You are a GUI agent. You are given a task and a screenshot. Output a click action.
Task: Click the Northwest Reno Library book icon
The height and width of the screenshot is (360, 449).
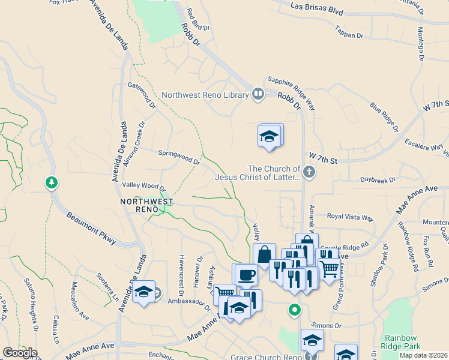click(258, 94)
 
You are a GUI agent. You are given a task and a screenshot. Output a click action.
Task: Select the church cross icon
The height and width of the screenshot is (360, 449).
click(309, 173)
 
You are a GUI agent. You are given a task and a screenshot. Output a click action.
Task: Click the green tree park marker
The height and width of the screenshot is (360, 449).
click(52, 182)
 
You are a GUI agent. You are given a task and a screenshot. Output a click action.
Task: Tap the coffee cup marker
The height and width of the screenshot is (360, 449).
click(246, 275)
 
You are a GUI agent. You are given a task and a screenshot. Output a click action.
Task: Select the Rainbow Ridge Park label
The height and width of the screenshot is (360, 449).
click(402, 342)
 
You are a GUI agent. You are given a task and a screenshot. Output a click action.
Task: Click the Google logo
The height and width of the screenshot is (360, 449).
click(20, 353)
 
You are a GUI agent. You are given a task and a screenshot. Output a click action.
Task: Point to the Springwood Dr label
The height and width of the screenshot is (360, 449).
click(179, 157)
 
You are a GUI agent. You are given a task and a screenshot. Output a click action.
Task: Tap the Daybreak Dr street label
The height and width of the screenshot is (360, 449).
click(378, 179)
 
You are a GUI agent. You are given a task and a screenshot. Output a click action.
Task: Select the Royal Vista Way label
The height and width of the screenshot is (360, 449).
click(350, 216)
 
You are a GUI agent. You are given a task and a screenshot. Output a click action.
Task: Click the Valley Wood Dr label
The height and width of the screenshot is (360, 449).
click(143, 187)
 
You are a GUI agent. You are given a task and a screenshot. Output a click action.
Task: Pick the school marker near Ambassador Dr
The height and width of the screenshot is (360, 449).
click(144, 292)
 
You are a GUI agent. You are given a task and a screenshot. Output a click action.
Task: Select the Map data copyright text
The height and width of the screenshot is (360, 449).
click(424, 355)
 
